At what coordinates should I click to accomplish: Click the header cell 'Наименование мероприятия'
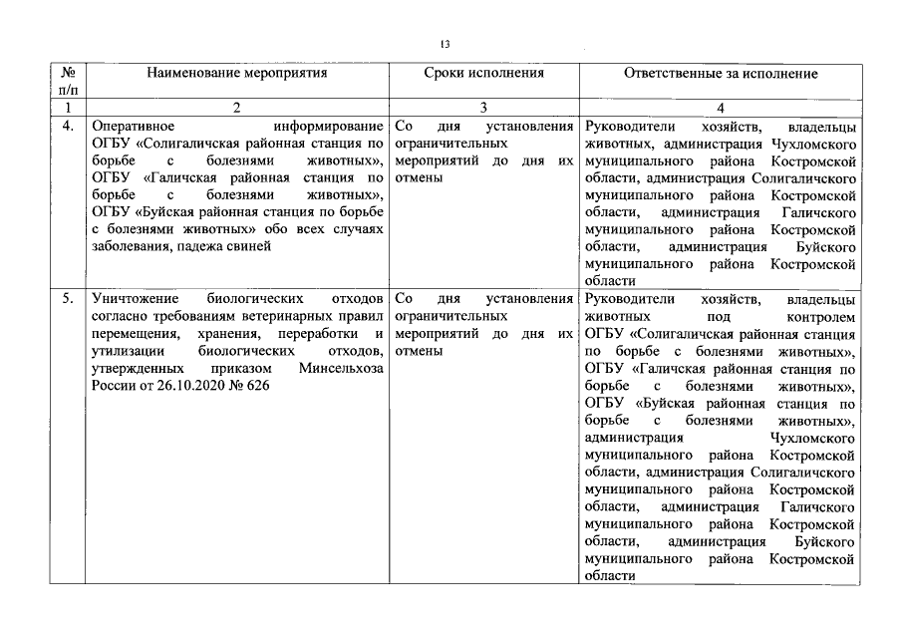pyautogui.click(x=236, y=74)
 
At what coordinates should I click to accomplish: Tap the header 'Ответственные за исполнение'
pyautogui.click(x=721, y=74)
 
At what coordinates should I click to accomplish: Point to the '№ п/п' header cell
pyautogui.click(x=69, y=81)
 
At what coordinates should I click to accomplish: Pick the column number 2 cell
pyautogui.click(x=236, y=108)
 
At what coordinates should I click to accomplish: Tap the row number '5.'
pyautogui.click(x=68, y=299)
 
